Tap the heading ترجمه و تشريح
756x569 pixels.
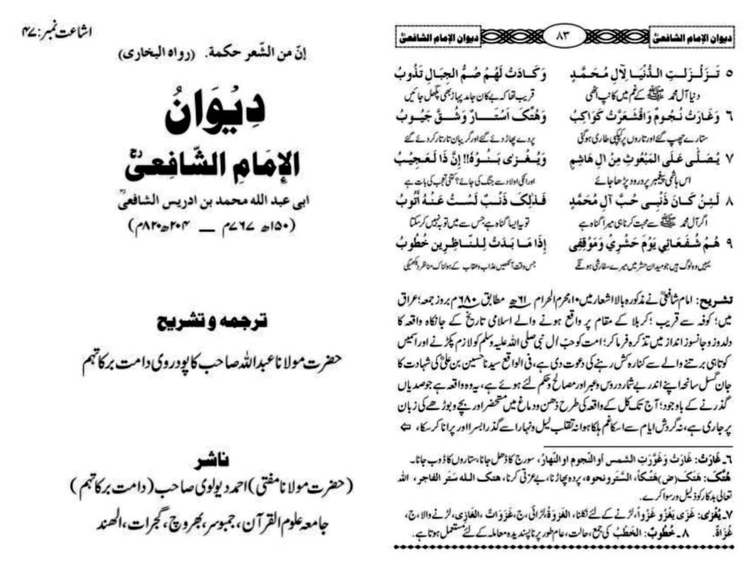click(196, 325)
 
